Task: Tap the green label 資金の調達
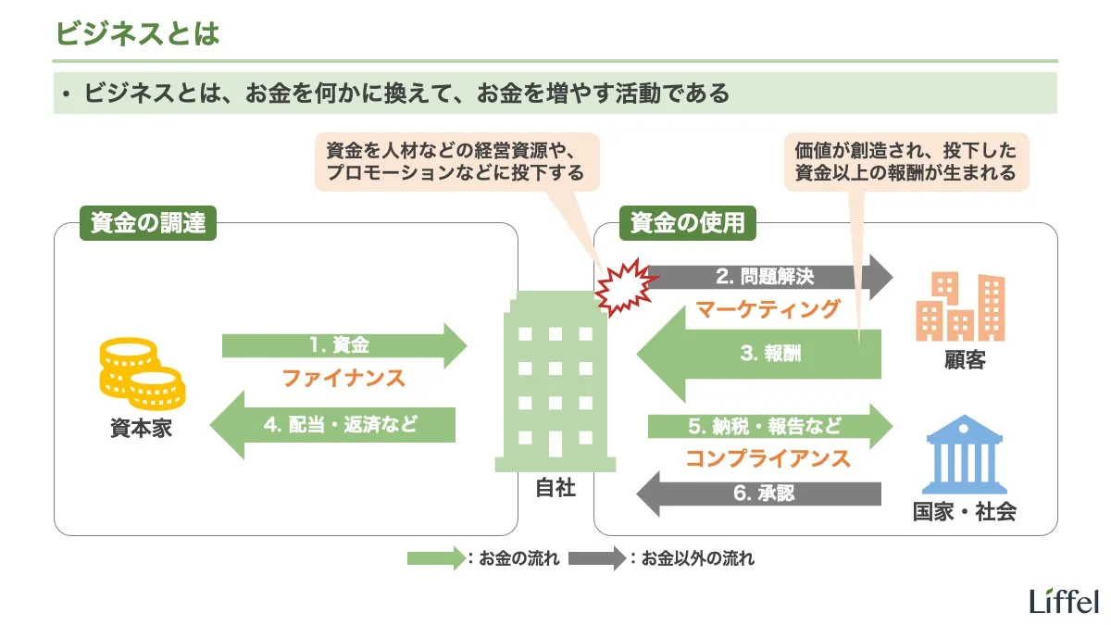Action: (148, 223)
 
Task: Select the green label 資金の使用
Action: (688, 223)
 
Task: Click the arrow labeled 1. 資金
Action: (343, 346)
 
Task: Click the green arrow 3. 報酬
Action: (759, 353)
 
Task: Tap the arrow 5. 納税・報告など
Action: (768, 427)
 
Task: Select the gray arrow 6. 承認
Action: (759, 494)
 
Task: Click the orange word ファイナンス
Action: (343, 378)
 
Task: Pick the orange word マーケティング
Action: (768, 308)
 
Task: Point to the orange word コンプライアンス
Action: (768, 458)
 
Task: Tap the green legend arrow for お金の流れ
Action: (435, 558)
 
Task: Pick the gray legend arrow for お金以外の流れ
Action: (596, 558)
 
